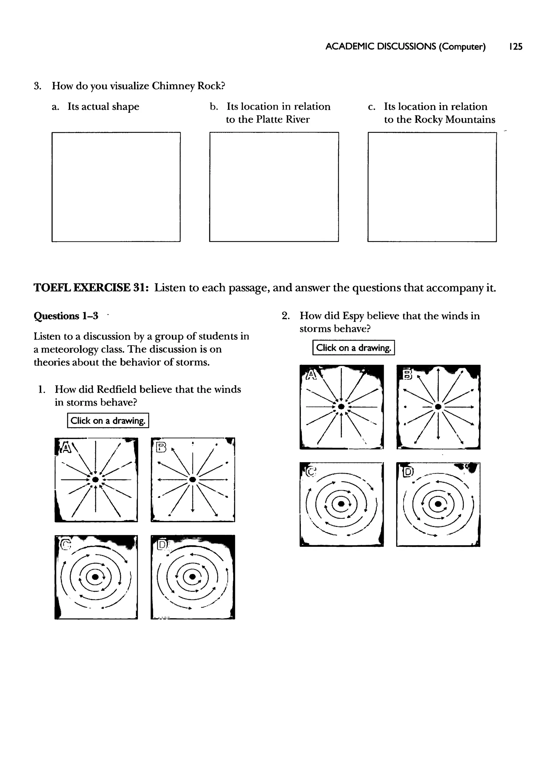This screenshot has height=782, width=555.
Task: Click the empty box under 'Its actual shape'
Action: pos(116,187)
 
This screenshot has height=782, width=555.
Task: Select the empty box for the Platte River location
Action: pos(274,187)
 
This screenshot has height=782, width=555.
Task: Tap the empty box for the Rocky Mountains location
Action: pos(432,187)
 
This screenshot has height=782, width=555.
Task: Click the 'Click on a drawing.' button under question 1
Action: pos(108,421)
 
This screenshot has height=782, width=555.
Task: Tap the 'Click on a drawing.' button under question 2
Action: pos(353,348)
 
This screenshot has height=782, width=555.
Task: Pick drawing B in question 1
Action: pos(193,480)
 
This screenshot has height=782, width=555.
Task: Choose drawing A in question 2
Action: pos(341,407)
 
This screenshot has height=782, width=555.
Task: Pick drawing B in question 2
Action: pos(438,407)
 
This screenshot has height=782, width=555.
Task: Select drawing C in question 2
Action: pos(341,504)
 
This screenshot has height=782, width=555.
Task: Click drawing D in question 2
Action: pos(438,504)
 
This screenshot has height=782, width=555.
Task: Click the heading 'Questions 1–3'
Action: pos(66,316)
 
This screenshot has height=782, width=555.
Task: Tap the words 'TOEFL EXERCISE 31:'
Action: pos(91,288)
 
